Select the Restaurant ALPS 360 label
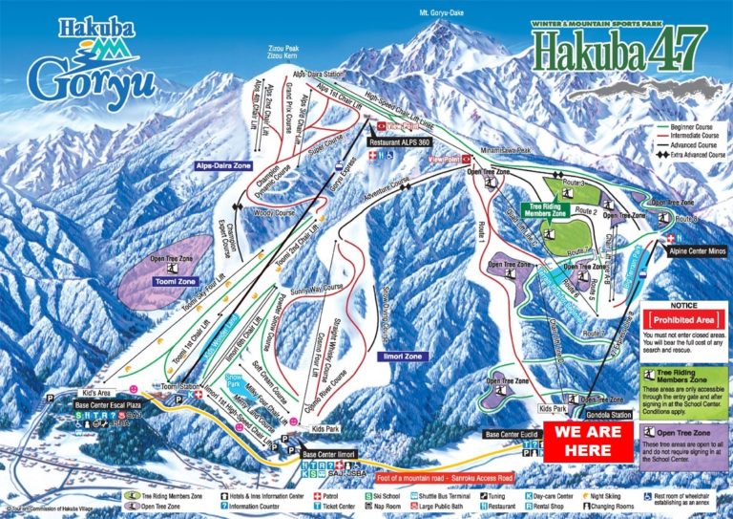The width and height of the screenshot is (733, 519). (400, 141)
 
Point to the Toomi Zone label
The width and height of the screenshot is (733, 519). (173, 282)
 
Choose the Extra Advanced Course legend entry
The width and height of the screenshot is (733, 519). (688, 154)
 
